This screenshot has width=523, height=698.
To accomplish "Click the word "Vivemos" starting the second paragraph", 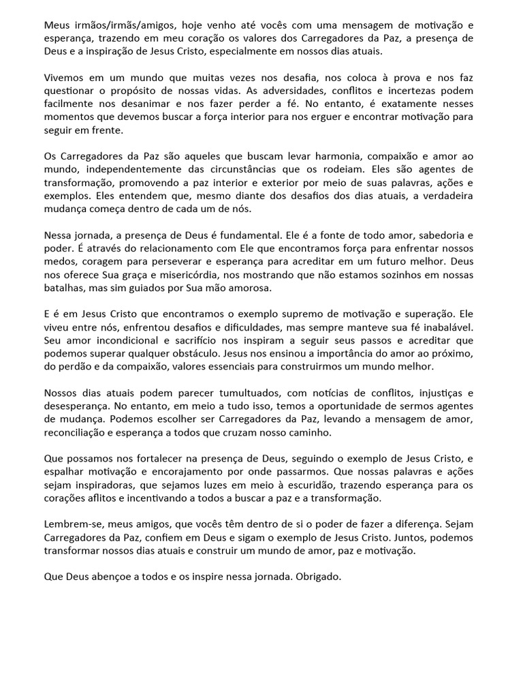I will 64,78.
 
